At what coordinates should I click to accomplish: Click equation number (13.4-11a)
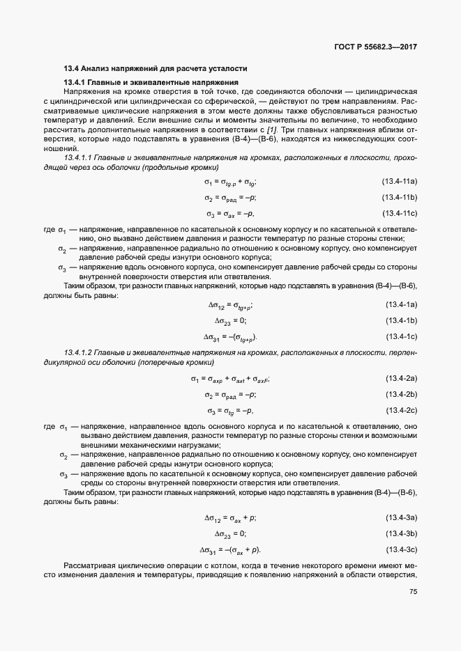click(399, 182)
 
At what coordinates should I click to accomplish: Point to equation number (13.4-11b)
click(399, 197)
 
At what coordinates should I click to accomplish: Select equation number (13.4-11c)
click(399, 213)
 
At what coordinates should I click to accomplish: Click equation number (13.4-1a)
click(401, 304)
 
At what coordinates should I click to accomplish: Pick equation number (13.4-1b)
click(401, 320)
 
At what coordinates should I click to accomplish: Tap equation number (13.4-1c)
click(401, 337)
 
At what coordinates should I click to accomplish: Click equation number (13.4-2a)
click(401, 378)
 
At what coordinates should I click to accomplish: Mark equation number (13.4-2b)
click(401, 394)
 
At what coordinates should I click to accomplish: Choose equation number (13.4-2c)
click(401, 410)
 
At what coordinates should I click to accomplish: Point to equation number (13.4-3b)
click(401, 533)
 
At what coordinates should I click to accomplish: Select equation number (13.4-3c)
click(401, 549)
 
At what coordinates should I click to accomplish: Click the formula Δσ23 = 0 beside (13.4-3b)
click(230, 534)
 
